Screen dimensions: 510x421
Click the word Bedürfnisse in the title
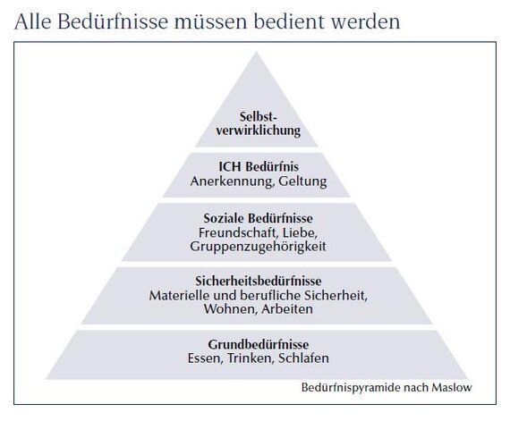coord(113,21)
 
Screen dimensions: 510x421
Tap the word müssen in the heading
coord(211,21)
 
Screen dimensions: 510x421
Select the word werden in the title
coord(366,21)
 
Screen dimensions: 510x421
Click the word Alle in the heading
coord(33,21)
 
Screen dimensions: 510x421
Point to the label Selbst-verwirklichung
coord(259,123)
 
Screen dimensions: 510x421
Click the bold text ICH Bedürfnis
coord(259,166)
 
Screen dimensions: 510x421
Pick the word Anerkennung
coord(231,181)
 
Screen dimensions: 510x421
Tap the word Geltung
coord(302,181)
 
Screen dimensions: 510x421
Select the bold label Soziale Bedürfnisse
coord(259,218)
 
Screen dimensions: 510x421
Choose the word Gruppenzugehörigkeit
coord(259,246)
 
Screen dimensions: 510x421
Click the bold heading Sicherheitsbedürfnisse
coord(259,281)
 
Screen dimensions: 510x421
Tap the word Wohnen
coord(230,309)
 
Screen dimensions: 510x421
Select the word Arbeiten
coord(287,309)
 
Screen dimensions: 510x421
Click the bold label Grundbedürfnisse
coord(259,344)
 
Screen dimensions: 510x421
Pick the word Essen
coord(205,358)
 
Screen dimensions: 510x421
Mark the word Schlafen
coord(304,358)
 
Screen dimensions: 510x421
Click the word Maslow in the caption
coord(452,388)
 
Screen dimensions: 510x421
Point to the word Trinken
coord(251,358)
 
